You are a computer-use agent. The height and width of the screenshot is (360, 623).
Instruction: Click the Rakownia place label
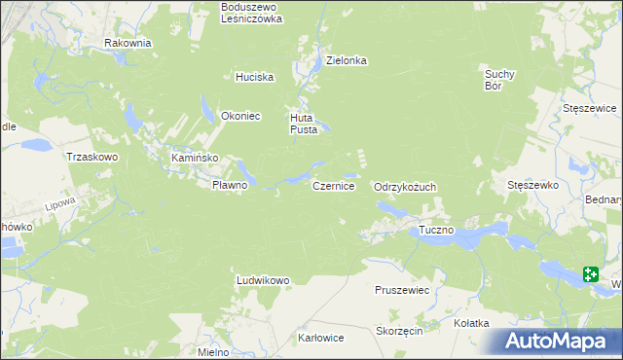pos(128,43)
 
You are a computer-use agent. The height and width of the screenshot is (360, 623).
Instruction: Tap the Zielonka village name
pos(346,60)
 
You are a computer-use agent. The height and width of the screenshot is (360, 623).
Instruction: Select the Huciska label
pos(255,77)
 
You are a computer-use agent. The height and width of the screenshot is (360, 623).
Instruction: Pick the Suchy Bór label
pos(498,79)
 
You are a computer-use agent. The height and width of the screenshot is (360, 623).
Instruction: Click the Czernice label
pos(333,185)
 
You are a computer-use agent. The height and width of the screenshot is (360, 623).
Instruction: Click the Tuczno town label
pos(437,231)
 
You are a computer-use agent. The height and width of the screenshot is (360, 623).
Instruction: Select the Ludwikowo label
pos(263,280)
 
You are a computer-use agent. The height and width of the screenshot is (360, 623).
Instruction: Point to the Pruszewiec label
pos(402,290)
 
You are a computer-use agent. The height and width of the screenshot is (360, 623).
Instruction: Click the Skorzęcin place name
pos(398,331)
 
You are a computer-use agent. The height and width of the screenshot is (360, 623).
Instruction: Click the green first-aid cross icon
pos(591,274)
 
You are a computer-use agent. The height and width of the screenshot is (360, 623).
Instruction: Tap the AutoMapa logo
pos(558,341)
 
